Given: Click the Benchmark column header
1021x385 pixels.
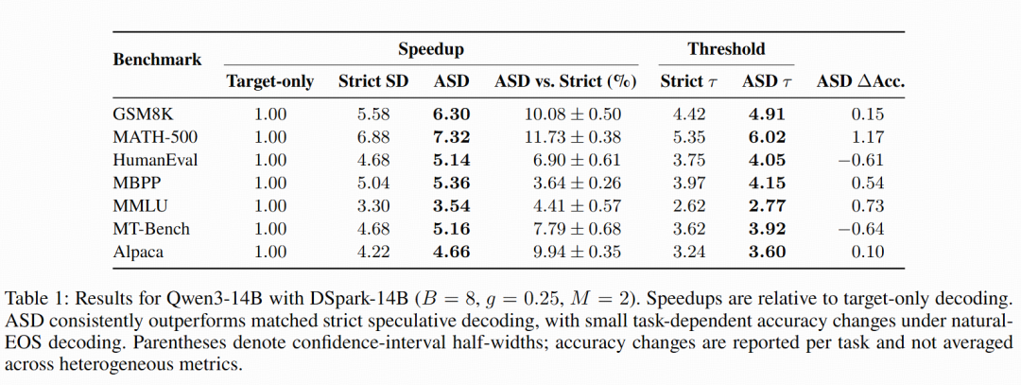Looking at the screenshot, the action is tap(157, 60).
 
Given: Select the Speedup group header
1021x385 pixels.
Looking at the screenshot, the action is tap(431, 49).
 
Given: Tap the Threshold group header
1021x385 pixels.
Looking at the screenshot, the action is tap(726, 49).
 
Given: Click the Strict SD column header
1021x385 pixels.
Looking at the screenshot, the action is tap(373, 81).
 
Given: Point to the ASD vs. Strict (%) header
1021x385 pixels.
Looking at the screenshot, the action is tap(565, 81).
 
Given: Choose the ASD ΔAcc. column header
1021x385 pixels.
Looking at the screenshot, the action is tap(861, 81).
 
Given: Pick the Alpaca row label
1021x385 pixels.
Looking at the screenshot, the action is tap(137, 252).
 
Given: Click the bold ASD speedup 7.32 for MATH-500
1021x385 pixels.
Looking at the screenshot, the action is tap(451, 137).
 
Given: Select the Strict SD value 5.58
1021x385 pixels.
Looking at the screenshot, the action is tap(373, 114).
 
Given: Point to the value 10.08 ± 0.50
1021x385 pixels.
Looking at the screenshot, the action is tap(573, 114).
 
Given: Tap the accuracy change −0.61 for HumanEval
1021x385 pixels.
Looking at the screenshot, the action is tap(861, 160).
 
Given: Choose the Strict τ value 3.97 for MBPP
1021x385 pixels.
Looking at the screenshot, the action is tap(689, 184).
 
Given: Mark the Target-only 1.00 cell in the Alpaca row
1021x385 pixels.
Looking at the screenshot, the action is tap(270, 252).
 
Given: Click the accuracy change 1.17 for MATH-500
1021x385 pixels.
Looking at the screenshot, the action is tap(868, 137).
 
